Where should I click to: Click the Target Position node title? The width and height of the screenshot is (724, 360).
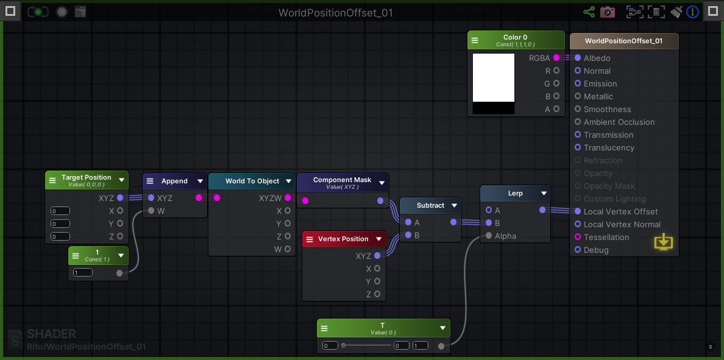[86, 178]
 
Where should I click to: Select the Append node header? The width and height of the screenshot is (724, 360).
[174, 181]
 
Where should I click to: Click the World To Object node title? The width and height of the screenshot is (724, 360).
[252, 181]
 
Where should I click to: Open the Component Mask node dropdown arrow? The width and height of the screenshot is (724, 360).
[382, 182]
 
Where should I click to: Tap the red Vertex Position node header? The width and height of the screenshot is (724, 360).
[343, 239]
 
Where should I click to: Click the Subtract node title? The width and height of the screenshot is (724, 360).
[430, 205]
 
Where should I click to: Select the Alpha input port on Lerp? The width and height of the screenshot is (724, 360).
[489, 236]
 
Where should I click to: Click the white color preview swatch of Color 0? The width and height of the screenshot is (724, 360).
[494, 77]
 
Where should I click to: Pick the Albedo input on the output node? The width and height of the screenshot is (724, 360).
[578, 58]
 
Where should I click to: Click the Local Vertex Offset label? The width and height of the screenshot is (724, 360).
[620, 211]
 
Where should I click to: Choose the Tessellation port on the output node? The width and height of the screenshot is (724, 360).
[578, 237]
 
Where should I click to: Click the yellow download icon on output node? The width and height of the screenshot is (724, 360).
[663, 242]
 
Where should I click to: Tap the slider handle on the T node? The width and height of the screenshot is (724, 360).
[344, 345]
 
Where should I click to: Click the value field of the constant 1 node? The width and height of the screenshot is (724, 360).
[83, 272]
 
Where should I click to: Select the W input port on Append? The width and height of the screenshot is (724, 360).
[151, 211]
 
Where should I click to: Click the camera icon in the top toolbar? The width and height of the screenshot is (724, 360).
[607, 12]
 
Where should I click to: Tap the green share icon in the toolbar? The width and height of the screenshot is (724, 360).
[589, 12]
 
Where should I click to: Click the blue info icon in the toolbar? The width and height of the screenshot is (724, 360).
[692, 12]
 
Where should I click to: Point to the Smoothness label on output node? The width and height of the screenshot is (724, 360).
[607, 109]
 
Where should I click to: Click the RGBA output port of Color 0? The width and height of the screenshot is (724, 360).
[556, 58]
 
